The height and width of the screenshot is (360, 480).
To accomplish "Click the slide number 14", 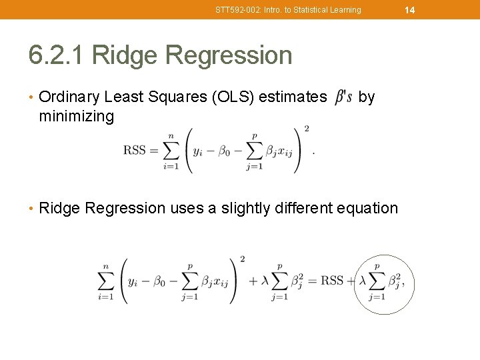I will click(x=409, y=10).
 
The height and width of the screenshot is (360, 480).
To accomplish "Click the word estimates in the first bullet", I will click(x=293, y=97).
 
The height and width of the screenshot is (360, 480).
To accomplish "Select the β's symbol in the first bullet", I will click(x=343, y=97).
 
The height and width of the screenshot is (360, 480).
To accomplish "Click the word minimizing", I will click(x=77, y=117).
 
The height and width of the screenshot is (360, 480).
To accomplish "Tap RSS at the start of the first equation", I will click(x=135, y=150).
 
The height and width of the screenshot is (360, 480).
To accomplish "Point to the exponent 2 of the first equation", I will click(x=306, y=128).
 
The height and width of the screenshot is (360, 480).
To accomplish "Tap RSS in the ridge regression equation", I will click(x=332, y=281).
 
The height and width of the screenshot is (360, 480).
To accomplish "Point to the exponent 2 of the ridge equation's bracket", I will click(x=242, y=259).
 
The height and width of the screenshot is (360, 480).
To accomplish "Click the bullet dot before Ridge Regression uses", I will click(x=31, y=209).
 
